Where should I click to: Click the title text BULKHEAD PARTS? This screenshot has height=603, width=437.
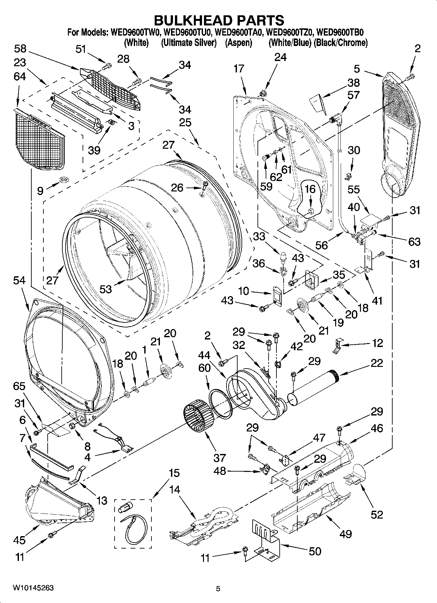(218, 20)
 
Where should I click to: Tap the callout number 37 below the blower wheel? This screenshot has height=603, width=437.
(219, 458)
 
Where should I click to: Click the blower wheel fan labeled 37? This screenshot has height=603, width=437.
(197, 419)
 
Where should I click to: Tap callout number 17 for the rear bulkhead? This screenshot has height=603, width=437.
(239, 68)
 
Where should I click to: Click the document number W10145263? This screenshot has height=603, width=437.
(33, 588)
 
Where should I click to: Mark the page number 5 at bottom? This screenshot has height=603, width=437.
(218, 589)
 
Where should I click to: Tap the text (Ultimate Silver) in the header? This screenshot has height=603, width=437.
(189, 42)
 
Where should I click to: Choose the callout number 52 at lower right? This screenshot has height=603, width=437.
(377, 514)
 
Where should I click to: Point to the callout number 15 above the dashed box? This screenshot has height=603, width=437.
(174, 473)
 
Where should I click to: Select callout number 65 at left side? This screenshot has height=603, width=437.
(19, 386)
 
